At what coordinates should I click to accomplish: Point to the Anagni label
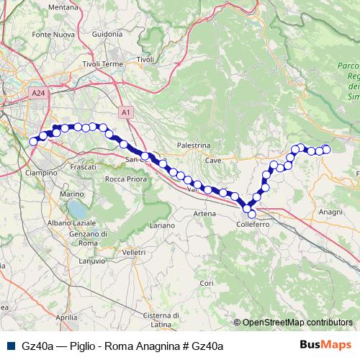(x=330, y=212)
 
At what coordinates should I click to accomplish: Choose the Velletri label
(x=134, y=253)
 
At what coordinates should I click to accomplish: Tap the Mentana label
(x=63, y=7)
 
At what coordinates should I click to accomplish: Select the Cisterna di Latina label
(x=166, y=320)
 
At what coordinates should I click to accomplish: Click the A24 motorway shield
(x=38, y=92)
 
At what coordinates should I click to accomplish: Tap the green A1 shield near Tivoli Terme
(x=125, y=112)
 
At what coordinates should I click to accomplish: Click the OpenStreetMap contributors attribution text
(x=296, y=322)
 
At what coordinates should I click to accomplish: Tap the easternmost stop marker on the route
(x=326, y=149)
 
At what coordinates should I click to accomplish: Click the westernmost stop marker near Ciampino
(x=33, y=141)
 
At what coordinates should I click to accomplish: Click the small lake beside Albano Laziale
(x=74, y=210)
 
